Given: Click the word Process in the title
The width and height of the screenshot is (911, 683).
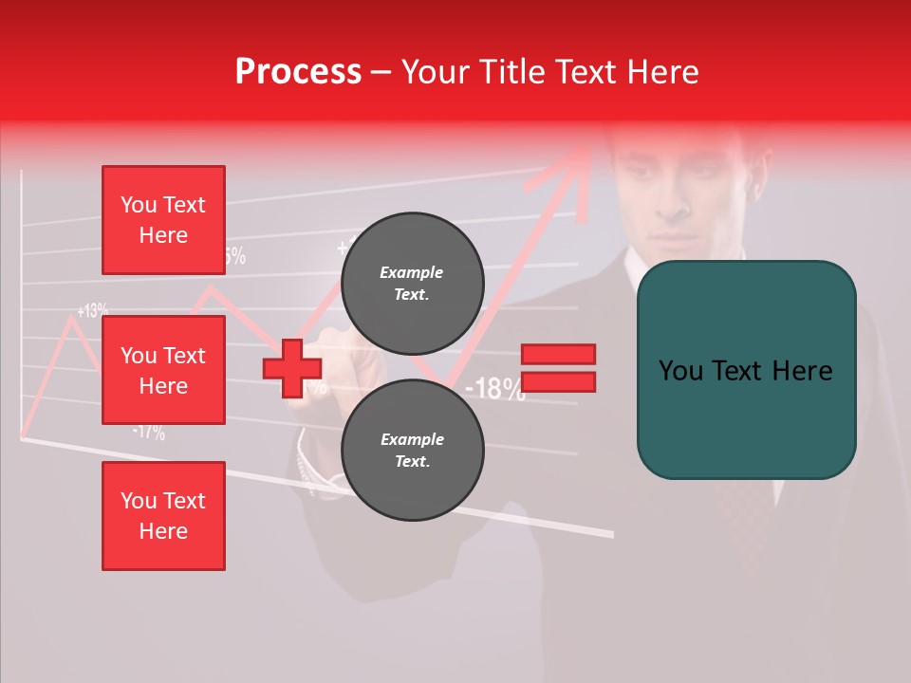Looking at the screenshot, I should point(298,72).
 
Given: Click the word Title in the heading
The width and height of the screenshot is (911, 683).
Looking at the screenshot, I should point(511,72).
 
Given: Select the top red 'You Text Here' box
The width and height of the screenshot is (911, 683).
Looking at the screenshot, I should point(163,220).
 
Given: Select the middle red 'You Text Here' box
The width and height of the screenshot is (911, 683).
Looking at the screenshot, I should point(163,370).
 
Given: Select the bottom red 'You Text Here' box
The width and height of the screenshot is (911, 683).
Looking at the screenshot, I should point(163,515).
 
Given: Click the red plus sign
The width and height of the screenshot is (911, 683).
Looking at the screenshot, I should point(291,368).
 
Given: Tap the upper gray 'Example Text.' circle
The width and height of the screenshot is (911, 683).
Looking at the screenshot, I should point(412,283).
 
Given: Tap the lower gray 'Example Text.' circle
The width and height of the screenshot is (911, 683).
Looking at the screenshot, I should point(412,450).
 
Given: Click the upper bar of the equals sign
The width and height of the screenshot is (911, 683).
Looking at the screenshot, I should point(559,354).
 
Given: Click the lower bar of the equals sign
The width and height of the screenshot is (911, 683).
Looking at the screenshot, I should point(559,381).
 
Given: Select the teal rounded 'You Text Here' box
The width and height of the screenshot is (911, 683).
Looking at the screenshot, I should point(746,370).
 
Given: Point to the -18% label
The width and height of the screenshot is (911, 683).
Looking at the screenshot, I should point(494,388).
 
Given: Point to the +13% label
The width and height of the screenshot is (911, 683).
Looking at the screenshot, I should point(93,310).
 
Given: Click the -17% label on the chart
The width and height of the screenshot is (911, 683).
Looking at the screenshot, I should point(149,433).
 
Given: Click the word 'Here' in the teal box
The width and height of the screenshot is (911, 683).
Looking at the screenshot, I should point(802,370).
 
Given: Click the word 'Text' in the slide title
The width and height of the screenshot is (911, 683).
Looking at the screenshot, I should point(589,72).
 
